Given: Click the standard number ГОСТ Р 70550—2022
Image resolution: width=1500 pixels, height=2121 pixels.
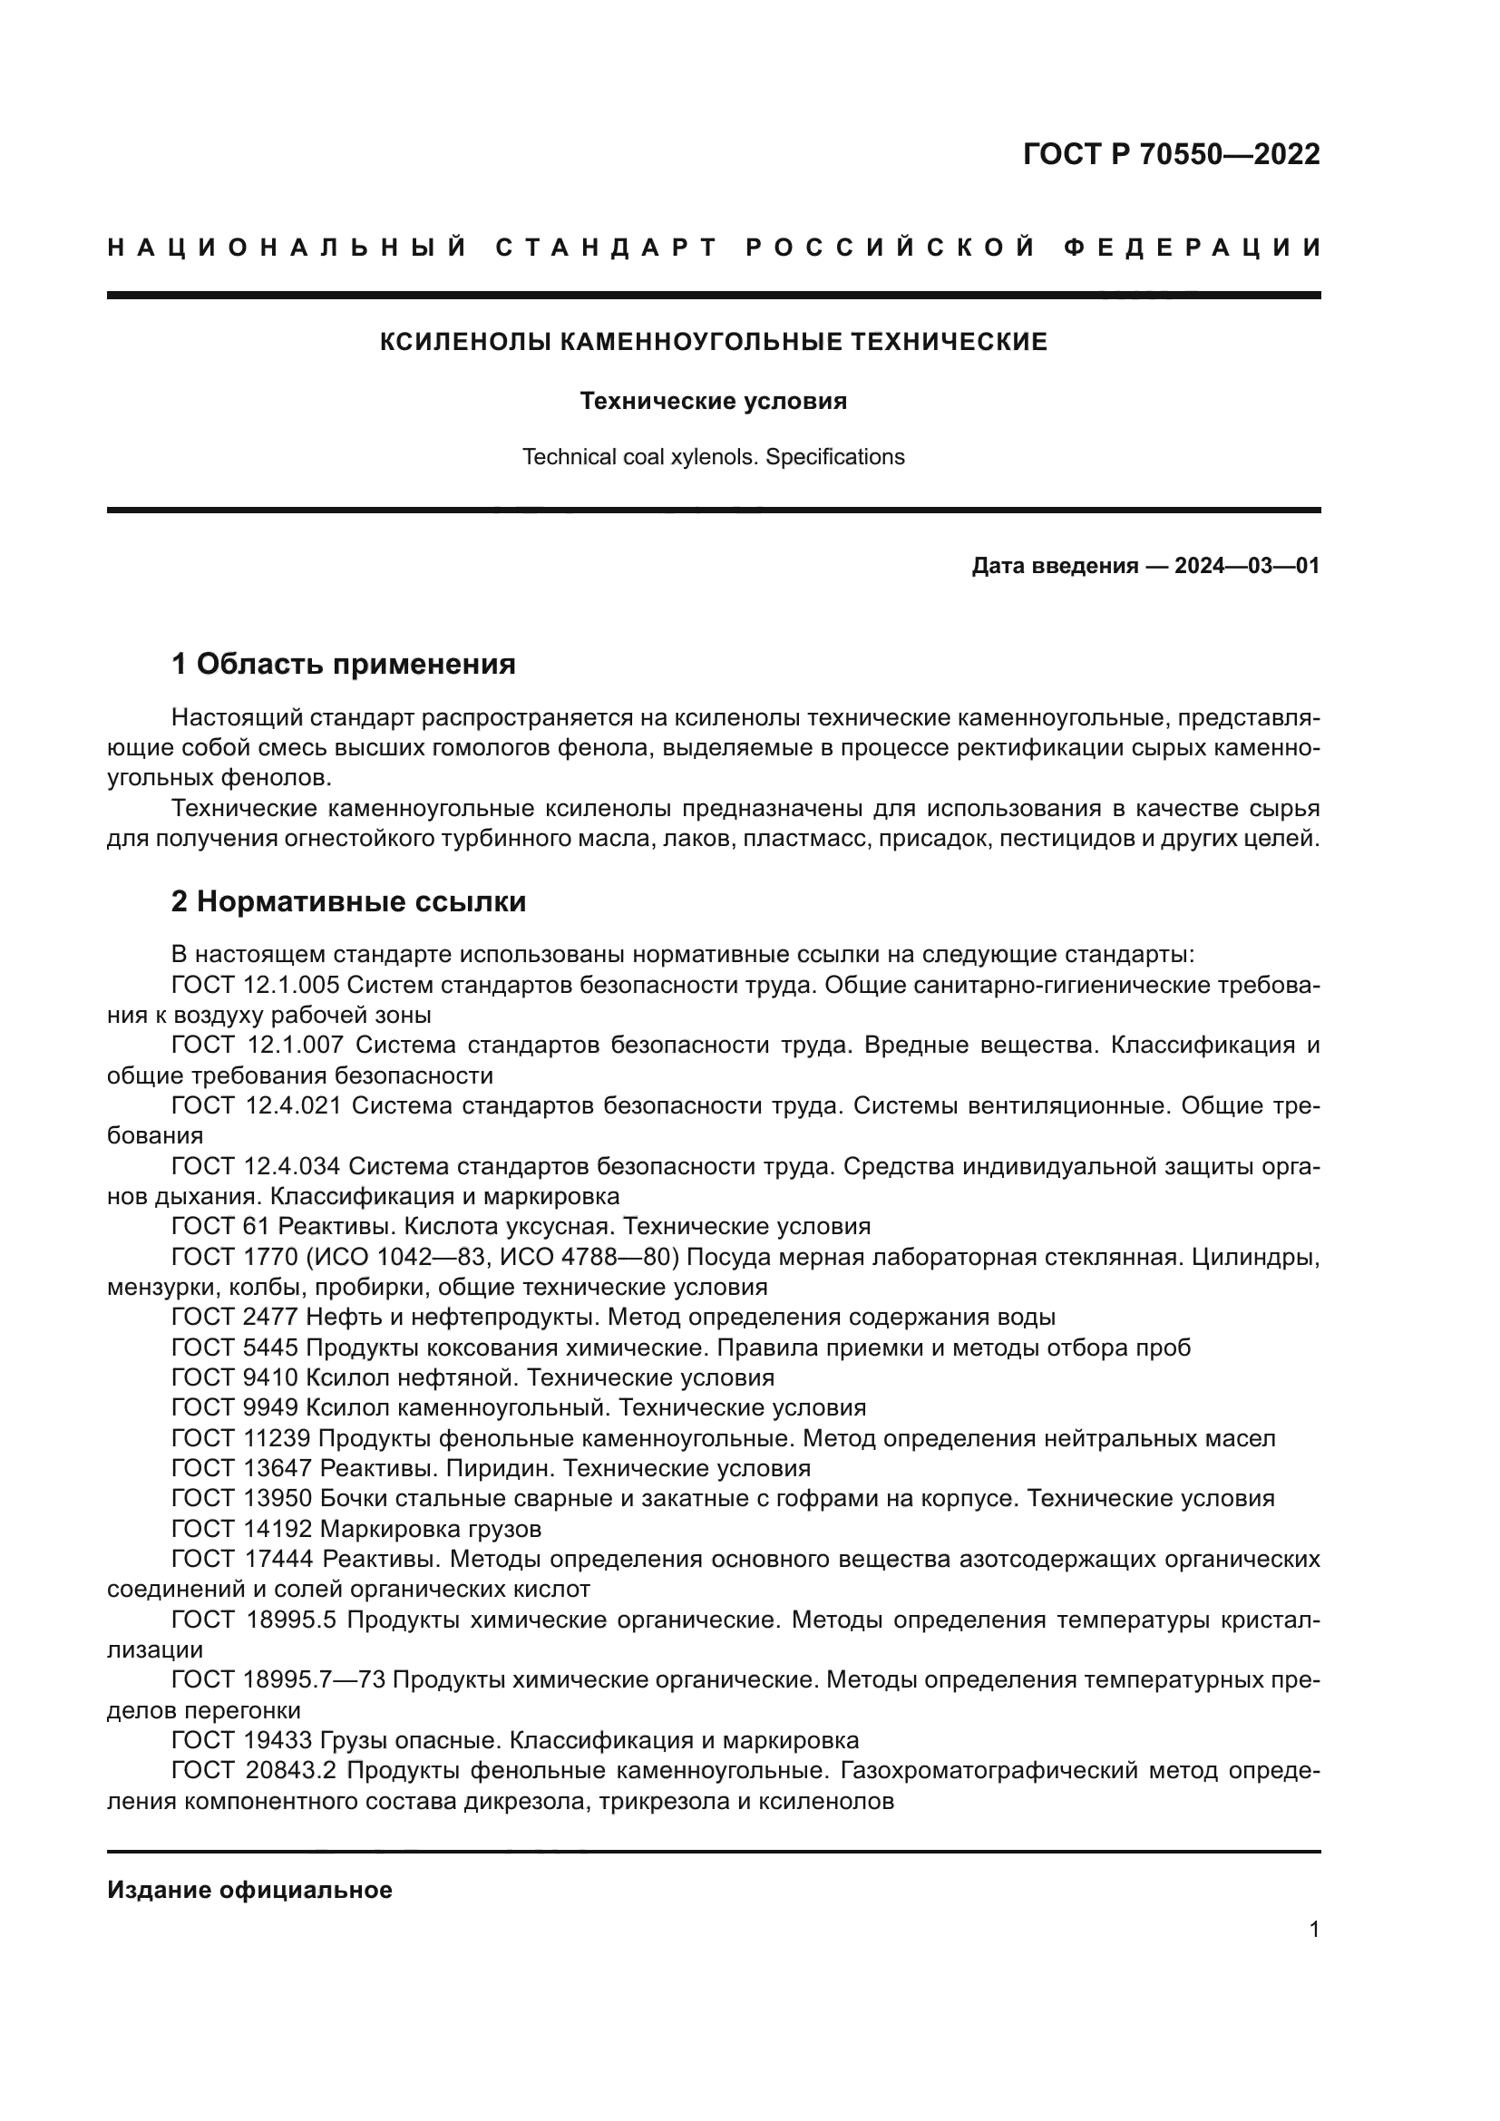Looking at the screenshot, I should (x=1171, y=155).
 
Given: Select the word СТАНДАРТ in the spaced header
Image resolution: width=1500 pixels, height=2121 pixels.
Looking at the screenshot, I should (x=607, y=248).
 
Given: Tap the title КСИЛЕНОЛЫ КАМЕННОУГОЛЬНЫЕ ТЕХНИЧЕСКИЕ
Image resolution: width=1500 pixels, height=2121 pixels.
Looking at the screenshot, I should (x=714, y=342).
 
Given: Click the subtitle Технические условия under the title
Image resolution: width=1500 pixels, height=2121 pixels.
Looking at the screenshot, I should (x=713, y=401).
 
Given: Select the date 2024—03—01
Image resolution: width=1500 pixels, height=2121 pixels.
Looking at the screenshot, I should (x=1247, y=565).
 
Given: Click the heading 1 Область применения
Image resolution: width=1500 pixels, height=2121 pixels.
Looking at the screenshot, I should (x=343, y=663).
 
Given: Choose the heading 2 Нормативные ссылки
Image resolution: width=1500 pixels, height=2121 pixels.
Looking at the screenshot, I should (x=348, y=901).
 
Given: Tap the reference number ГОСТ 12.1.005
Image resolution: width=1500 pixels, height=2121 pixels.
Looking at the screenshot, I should (x=256, y=985).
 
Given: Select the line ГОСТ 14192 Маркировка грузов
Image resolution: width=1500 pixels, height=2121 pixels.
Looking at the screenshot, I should (x=356, y=1529).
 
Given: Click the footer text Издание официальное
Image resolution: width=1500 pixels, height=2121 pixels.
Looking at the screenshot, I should (x=249, y=1890).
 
